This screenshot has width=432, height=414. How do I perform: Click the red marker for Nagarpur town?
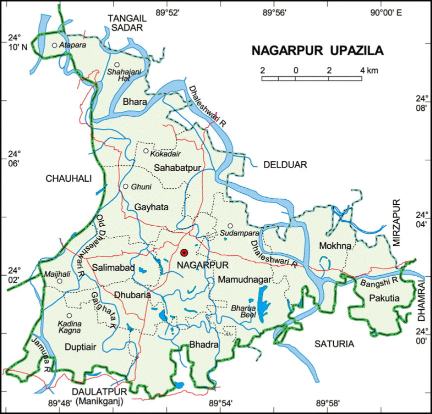tap(184, 253)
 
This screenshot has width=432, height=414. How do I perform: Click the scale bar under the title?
tap(312, 78)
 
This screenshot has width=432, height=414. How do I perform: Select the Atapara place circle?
tap(54, 45)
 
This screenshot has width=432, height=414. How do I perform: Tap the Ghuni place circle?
tap(126, 186)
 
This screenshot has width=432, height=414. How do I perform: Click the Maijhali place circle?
tap(59, 281)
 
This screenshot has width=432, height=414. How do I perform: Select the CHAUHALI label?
tap(68, 178)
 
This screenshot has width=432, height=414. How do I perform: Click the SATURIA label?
tap(334, 344)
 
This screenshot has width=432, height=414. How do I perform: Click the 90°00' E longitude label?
tap(386, 13)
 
